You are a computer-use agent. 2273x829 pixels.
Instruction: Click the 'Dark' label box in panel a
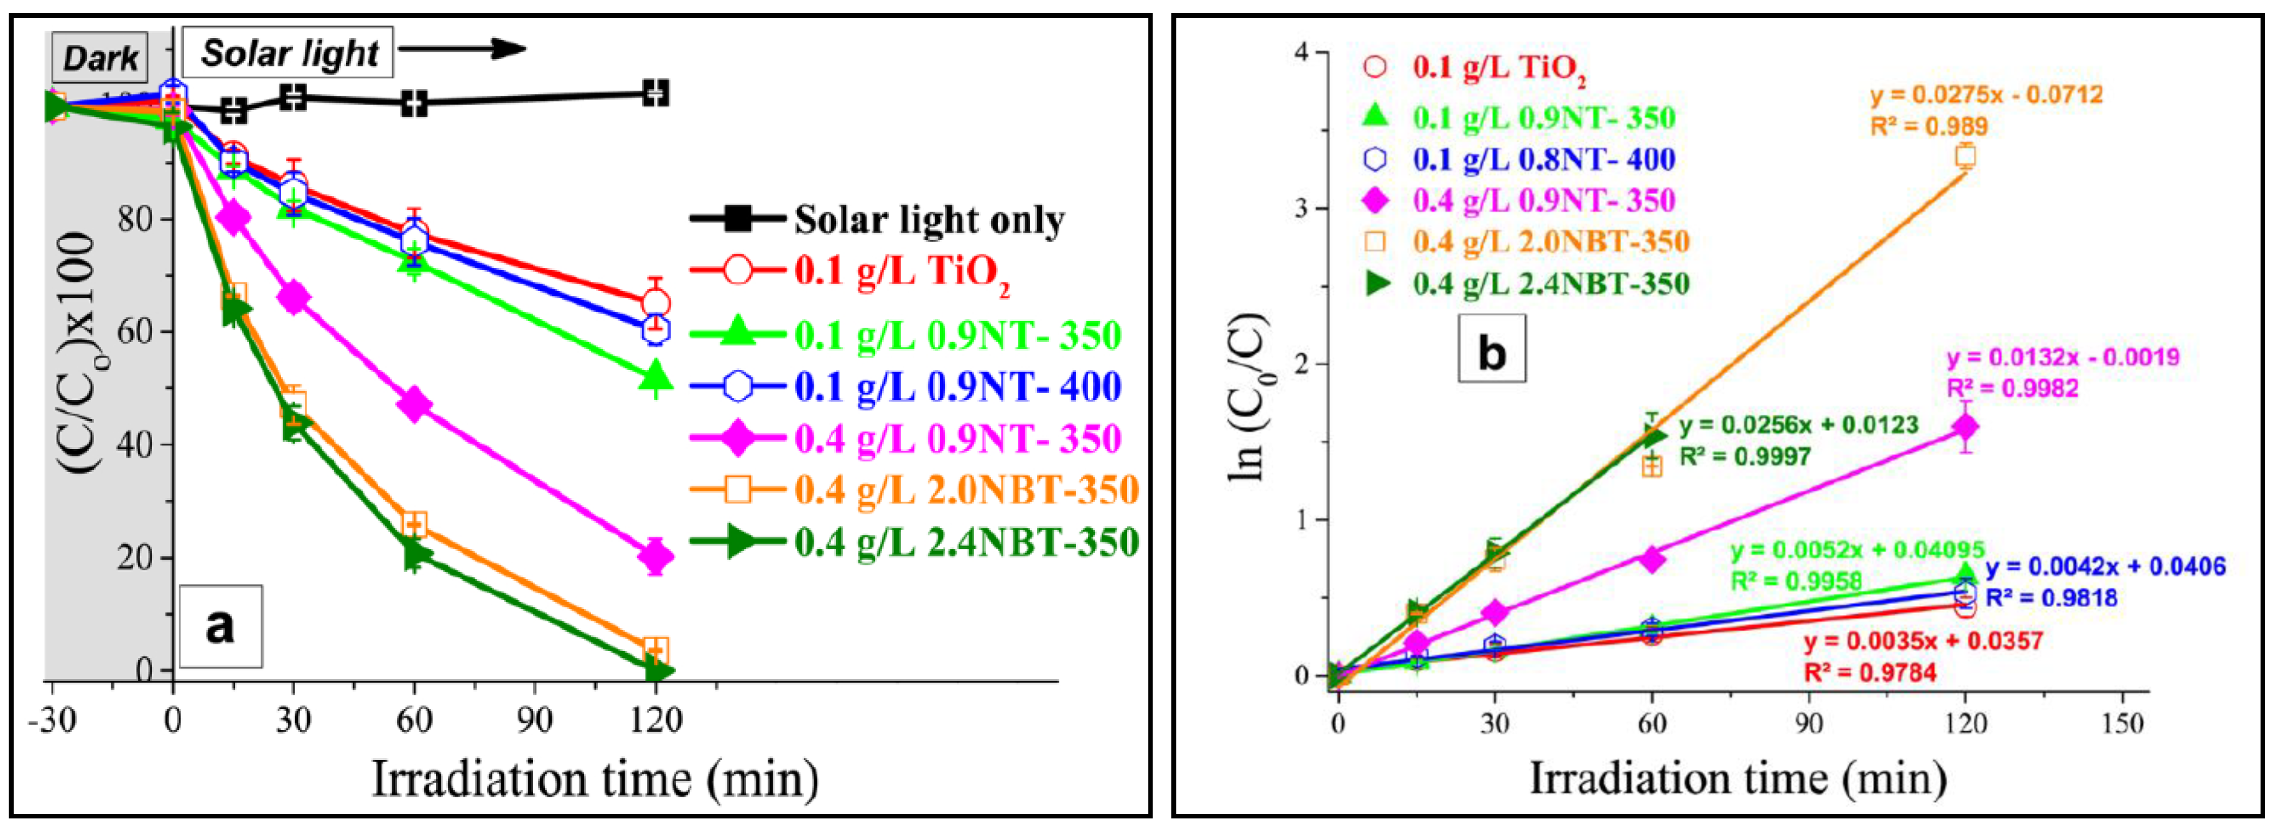click(99, 58)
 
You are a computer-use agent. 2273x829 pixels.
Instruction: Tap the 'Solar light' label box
click(287, 54)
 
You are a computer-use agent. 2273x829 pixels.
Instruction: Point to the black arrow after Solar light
click(462, 49)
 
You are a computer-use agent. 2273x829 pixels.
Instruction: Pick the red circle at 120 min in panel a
click(655, 304)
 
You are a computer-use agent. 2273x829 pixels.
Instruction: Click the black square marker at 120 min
click(655, 93)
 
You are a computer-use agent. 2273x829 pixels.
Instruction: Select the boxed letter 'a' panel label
click(221, 626)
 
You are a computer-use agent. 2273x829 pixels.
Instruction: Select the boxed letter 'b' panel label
click(1491, 354)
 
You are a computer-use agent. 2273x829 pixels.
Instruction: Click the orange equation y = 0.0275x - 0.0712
click(1986, 95)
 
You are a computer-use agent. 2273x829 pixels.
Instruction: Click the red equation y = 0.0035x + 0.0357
click(1923, 641)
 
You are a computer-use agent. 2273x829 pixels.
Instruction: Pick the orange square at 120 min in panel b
click(1965, 156)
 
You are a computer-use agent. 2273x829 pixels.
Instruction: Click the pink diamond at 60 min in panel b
click(1652, 558)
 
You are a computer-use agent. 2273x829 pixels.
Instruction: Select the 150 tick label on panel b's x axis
click(2122, 724)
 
